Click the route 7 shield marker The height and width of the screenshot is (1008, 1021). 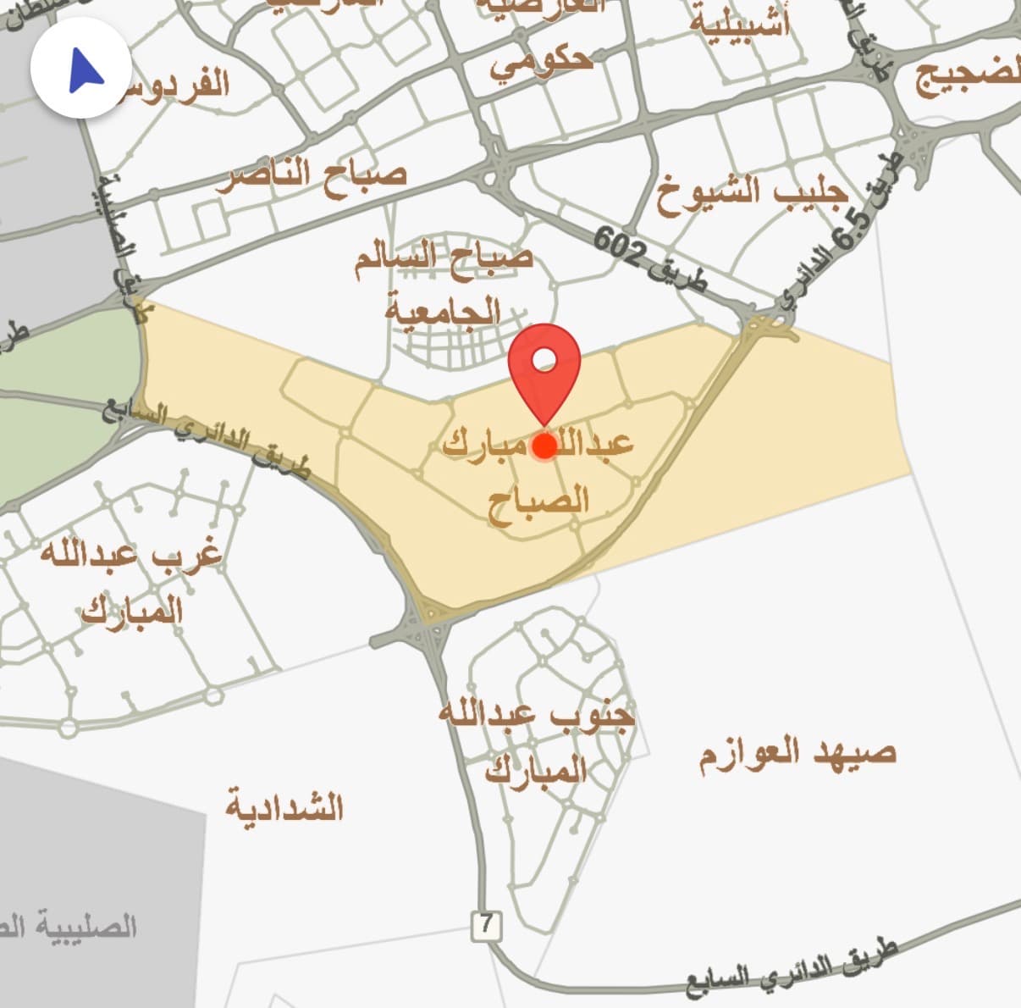(486, 925)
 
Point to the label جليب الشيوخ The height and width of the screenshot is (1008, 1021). (751, 196)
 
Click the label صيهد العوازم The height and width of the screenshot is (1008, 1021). (797, 753)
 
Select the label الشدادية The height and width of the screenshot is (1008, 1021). (284, 806)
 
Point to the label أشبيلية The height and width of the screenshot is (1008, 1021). (738, 23)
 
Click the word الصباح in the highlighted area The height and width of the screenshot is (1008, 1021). (538, 498)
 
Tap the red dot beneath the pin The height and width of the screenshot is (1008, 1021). (545, 446)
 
